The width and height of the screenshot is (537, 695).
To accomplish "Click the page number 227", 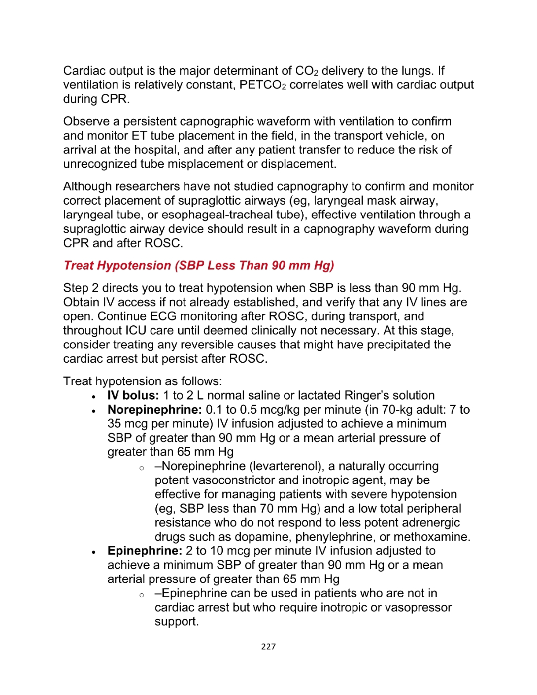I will coord(268,646).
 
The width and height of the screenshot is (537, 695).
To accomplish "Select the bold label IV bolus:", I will coord(133,395).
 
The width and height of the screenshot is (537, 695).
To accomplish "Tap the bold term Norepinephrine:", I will coord(154,409).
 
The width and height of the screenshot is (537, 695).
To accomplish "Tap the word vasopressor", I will coord(418,607).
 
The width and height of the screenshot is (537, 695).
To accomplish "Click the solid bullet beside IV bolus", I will coord(94,397).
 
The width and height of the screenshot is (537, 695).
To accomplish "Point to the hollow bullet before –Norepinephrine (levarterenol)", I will coord(141,468).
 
